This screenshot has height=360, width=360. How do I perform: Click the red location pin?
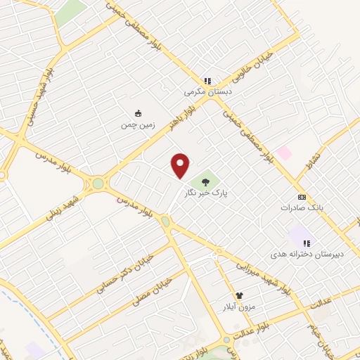click(181, 165)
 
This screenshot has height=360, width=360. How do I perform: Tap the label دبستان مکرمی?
click(207, 91)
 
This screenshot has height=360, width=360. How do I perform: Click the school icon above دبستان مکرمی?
click(207, 81)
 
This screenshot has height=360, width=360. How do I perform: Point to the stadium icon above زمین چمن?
click(138, 113)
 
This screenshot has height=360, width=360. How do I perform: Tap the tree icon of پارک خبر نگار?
click(205, 181)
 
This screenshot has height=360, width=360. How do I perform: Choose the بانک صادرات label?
click(301, 207)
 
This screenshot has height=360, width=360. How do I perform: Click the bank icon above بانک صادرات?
click(302, 197)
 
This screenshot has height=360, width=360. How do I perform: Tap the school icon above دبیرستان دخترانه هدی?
click(306, 243)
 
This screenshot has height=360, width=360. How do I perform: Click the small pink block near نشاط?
click(283, 153)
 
